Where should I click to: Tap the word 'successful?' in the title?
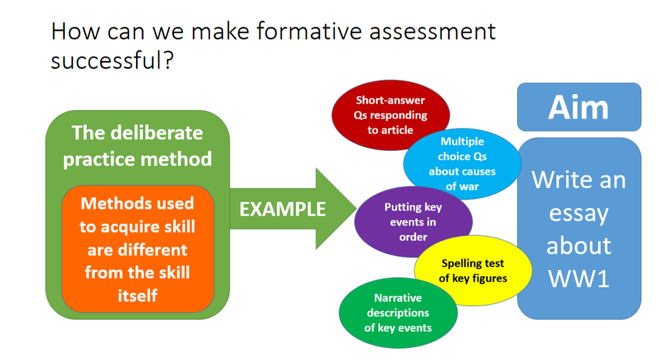tap(112, 60)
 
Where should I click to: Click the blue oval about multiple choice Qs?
tap(462, 164)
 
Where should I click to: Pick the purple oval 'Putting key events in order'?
tap(413, 222)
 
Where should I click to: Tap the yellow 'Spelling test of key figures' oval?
tap(473, 271)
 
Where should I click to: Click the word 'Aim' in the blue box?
tap(578, 107)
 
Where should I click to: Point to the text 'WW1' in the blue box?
tap(578, 277)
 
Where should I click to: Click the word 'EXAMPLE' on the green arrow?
tap(283, 209)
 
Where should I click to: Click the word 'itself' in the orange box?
tap(137, 296)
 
